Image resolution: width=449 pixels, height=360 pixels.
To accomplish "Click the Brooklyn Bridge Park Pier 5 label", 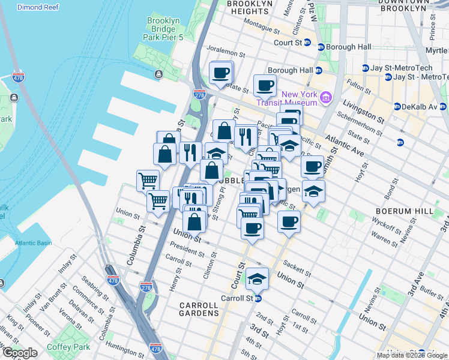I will tap(163, 29).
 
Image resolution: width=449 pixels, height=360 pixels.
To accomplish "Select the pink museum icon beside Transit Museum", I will tap(326, 97).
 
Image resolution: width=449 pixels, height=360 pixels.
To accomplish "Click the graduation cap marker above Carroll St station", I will tap(258, 278).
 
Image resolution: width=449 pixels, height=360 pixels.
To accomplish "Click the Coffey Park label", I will tap(69, 347).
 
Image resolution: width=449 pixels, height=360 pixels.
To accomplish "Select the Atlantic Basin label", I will tap(34, 243).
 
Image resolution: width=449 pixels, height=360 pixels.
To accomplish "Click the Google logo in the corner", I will tap(19, 353).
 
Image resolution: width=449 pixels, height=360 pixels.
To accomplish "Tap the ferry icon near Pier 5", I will tap(158, 74).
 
